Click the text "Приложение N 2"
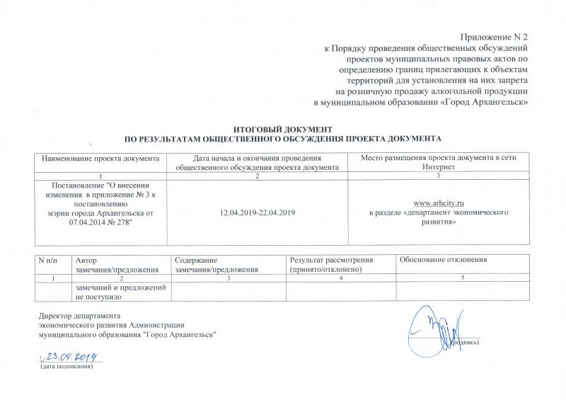pyautogui.click(x=497, y=35)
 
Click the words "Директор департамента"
pyautogui.click(x=79, y=315)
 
